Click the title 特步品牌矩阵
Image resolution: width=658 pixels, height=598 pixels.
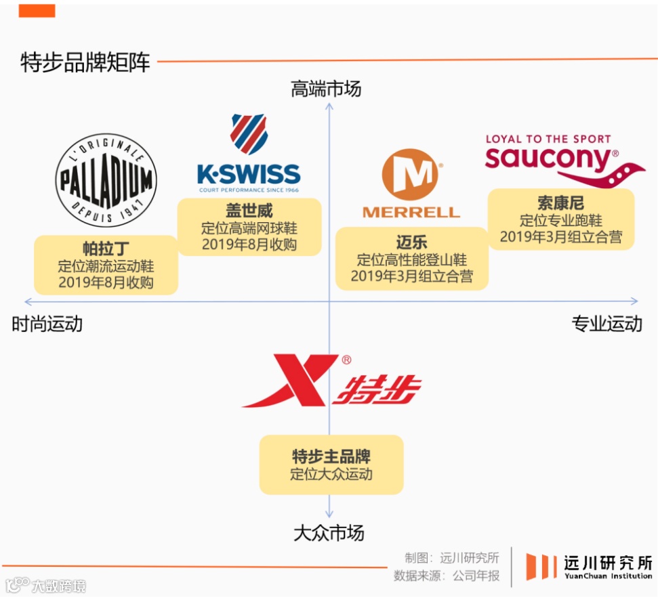coord(85,63)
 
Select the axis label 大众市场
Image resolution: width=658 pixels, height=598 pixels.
coord(329,533)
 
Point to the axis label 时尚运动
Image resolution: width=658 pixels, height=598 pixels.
coord(47,324)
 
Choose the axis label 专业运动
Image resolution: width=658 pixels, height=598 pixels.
coord(606,324)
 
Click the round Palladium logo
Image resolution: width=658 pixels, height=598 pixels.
coord(106,180)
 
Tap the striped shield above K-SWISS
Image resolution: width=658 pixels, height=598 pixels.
coord(248,133)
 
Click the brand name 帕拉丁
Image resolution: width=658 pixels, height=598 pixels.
coord(106,249)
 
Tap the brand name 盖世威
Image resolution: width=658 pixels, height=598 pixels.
coord(249,211)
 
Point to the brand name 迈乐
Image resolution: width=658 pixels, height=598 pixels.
coord(411,242)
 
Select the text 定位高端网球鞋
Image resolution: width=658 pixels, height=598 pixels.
coord(249,228)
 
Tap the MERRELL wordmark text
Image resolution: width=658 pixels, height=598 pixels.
coord(411,212)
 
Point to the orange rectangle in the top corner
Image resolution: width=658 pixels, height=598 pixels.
coord(37,11)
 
